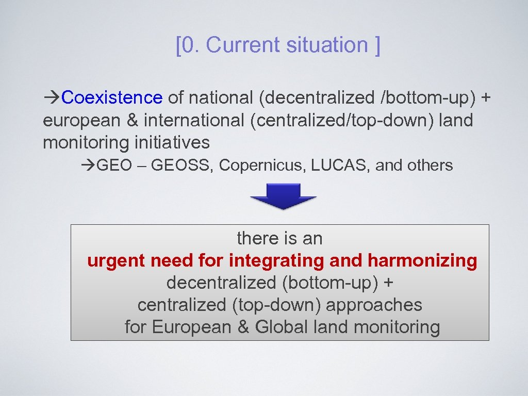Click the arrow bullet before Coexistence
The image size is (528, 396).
[52, 97]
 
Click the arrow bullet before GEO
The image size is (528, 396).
[88, 166]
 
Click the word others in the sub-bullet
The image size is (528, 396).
[430, 166]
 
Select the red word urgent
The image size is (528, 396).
[116, 261]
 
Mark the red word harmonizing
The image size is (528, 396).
[422, 261]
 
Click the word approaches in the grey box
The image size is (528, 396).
[374, 305]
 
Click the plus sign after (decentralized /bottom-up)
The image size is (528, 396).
[485, 97]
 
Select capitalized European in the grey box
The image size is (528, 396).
[192, 327]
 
